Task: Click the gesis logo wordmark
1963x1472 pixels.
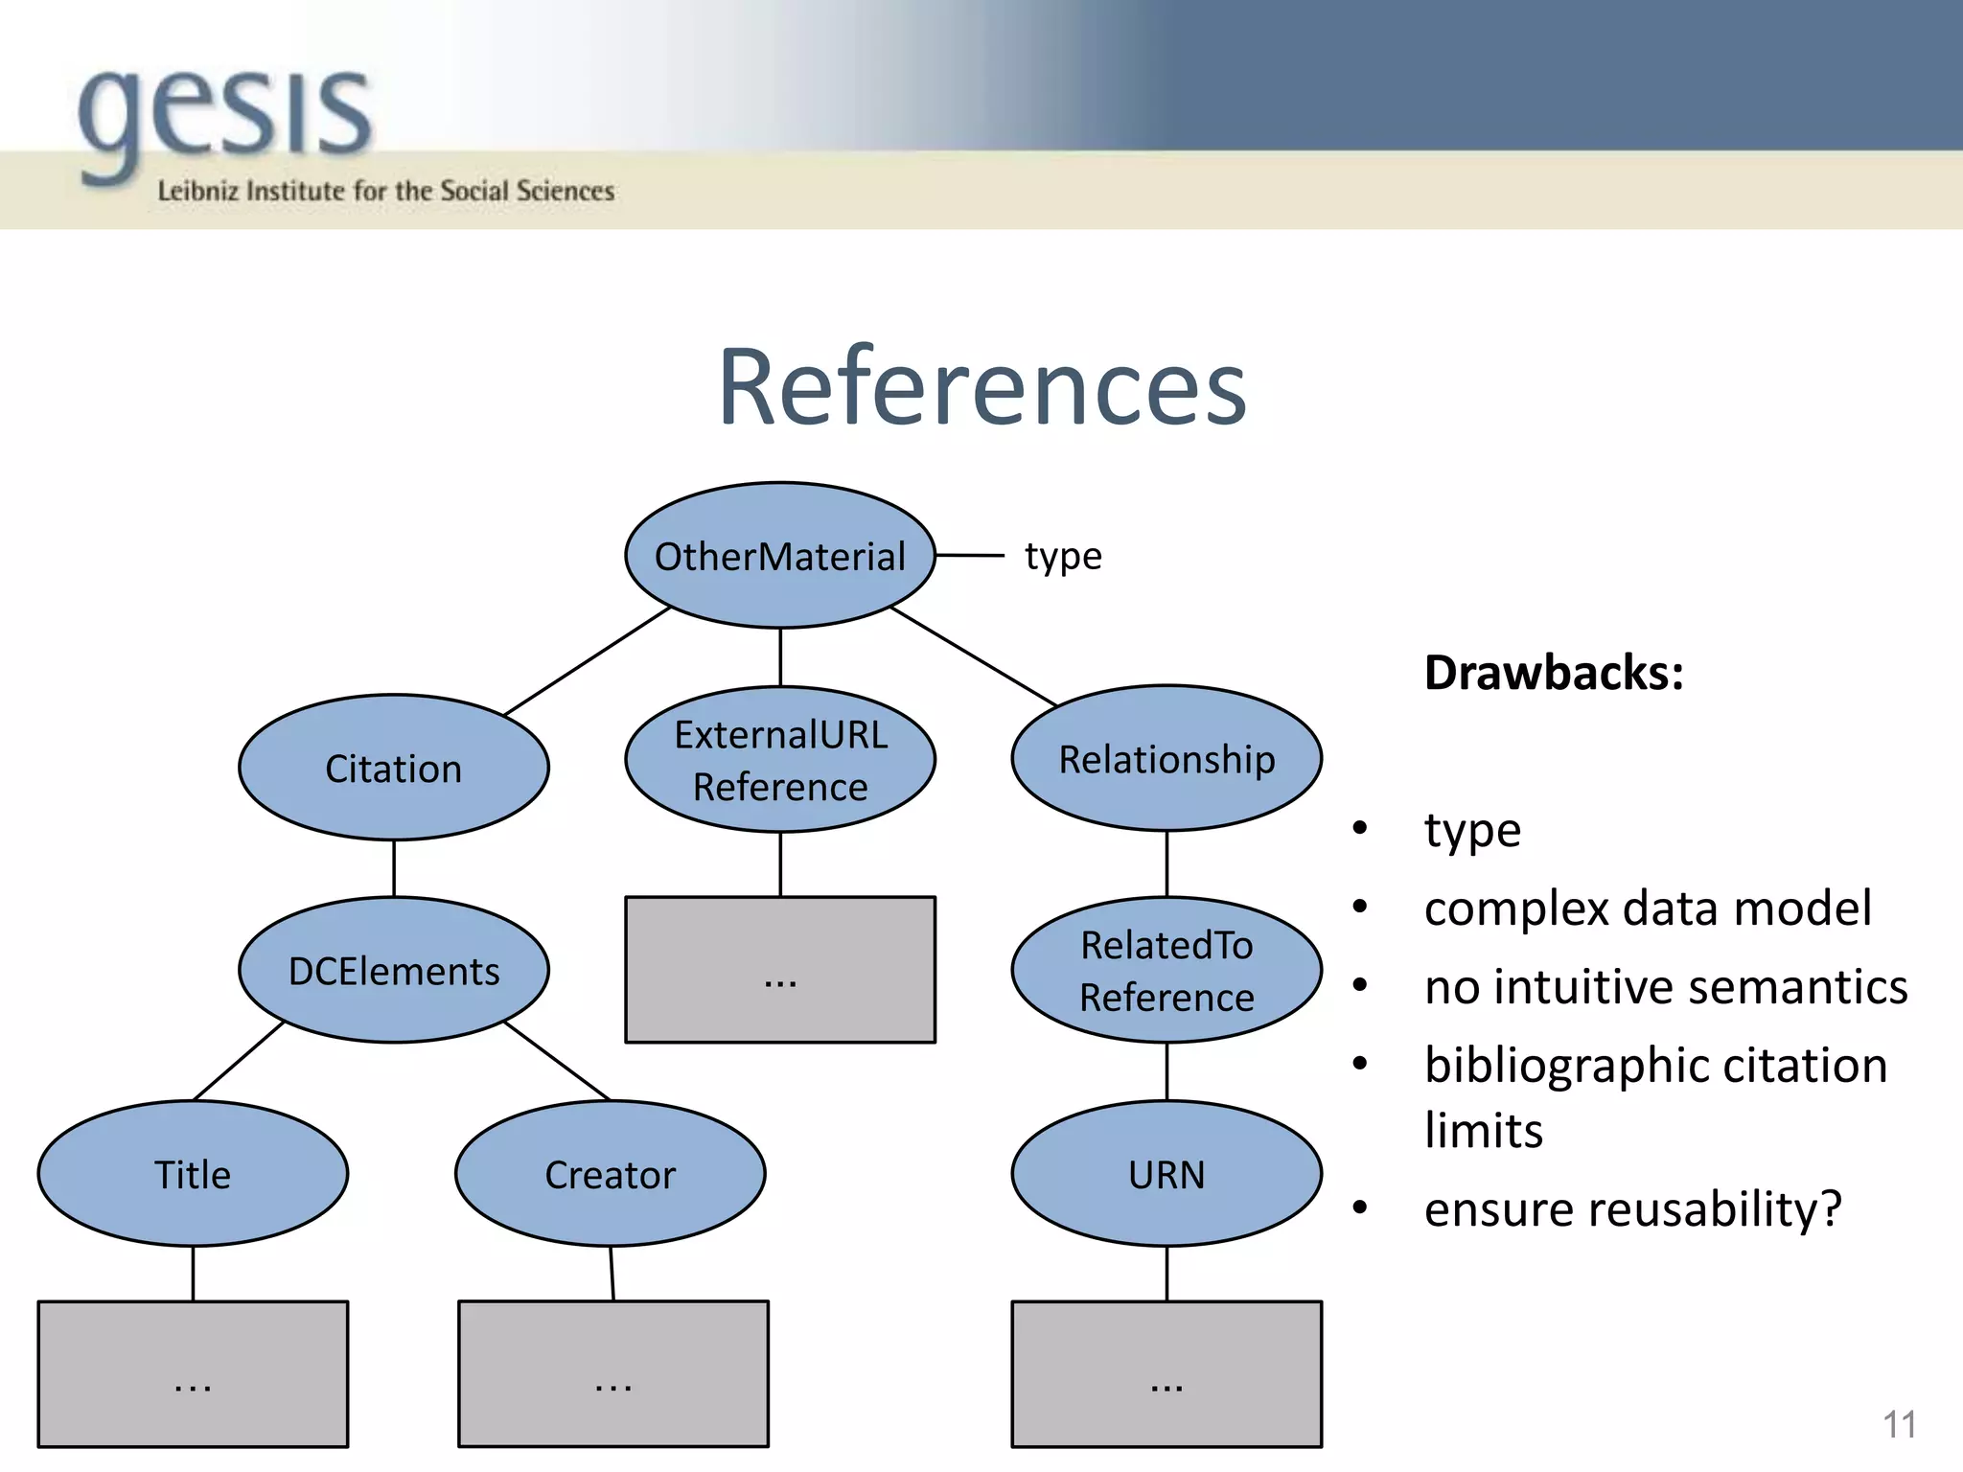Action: (225, 115)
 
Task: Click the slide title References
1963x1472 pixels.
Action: (981, 387)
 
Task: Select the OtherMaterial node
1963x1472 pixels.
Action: (779, 556)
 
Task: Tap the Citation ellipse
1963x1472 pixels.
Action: (393, 768)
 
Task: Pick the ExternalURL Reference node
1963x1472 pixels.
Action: (779, 760)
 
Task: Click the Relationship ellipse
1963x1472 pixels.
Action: (1166, 758)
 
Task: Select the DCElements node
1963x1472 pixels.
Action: (393, 970)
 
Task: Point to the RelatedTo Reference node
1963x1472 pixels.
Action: (1166, 970)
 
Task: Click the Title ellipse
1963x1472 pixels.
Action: (193, 1174)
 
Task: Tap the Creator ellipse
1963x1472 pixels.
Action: (610, 1174)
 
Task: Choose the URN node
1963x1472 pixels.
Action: (1166, 1174)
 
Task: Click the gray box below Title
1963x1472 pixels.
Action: (193, 1373)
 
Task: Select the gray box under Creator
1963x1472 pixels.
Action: (613, 1373)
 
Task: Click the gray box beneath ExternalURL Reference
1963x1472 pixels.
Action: (779, 969)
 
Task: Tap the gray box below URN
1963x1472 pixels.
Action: (1166, 1373)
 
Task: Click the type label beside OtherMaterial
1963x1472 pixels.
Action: (1063, 557)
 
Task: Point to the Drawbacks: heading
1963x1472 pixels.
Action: (1553, 673)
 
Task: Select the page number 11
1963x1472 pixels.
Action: (1899, 1424)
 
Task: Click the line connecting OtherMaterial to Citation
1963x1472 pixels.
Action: (587, 661)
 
